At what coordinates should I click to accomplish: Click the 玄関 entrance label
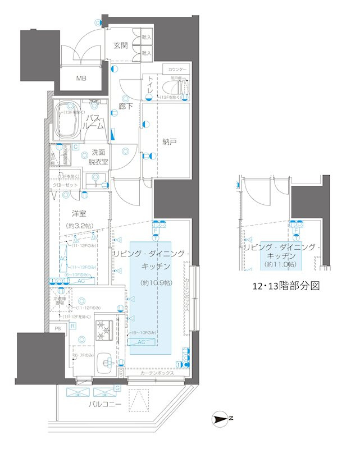(121, 45)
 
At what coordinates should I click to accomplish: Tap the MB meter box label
(82, 78)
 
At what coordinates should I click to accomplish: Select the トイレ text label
(150, 88)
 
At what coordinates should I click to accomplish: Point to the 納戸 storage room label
(169, 142)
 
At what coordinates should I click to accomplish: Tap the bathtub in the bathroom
(67, 120)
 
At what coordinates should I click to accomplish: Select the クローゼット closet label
(65, 185)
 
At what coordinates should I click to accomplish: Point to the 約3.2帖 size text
(79, 226)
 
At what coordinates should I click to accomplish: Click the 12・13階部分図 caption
(286, 286)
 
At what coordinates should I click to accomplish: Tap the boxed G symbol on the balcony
(117, 388)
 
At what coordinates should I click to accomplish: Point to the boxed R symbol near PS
(73, 326)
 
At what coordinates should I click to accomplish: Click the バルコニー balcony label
(105, 404)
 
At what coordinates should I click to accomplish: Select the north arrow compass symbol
(221, 419)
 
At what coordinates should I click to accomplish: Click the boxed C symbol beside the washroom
(75, 146)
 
